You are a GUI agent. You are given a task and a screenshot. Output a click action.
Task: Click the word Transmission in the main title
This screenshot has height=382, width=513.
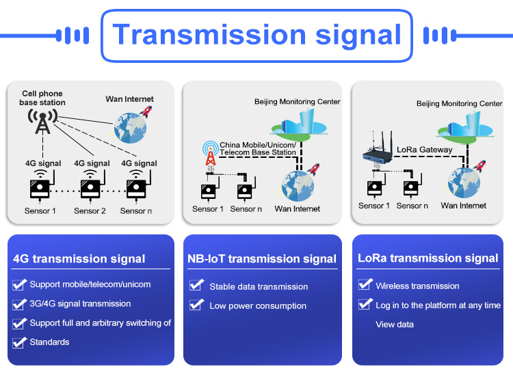coord(209,35)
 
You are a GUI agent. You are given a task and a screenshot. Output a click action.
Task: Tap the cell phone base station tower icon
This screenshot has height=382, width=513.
coord(42,122)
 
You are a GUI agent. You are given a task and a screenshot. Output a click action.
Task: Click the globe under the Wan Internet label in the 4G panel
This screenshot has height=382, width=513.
coord(130,128)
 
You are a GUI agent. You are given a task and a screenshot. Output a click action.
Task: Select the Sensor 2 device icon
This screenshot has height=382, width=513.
coord(90,187)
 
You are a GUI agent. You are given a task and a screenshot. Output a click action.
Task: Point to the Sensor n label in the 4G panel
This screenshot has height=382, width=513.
coord(136,210)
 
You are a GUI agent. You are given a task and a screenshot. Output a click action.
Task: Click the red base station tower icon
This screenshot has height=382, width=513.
coord(211,154)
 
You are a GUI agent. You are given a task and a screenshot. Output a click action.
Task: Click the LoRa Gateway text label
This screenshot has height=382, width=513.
coord(424,150)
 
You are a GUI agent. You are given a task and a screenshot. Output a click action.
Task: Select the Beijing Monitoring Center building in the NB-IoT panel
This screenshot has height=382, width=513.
coord(299,124)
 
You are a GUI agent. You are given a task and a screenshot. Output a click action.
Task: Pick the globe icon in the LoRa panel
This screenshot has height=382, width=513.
coord(464,183)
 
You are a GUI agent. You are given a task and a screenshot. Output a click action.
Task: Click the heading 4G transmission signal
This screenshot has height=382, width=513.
coord(79,259)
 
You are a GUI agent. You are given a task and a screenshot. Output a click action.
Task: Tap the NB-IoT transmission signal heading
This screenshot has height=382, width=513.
coord(262,259)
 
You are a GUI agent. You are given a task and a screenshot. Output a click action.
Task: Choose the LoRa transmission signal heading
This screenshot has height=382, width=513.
coord(428,258)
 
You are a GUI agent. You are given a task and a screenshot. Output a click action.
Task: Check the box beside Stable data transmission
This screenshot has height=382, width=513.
coord(196,285)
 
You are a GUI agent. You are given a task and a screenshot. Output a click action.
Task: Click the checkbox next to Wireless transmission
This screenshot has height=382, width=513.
coord(365,285)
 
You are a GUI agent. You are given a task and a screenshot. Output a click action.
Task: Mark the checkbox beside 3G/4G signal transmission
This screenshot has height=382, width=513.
coord(19,304)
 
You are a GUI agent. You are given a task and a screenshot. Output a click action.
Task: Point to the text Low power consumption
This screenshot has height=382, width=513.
coord(258,306)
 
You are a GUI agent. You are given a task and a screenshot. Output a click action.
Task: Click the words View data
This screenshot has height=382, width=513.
coord(395,325)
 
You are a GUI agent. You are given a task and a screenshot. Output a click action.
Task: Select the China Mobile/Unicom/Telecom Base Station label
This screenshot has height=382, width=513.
coord(258,149)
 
